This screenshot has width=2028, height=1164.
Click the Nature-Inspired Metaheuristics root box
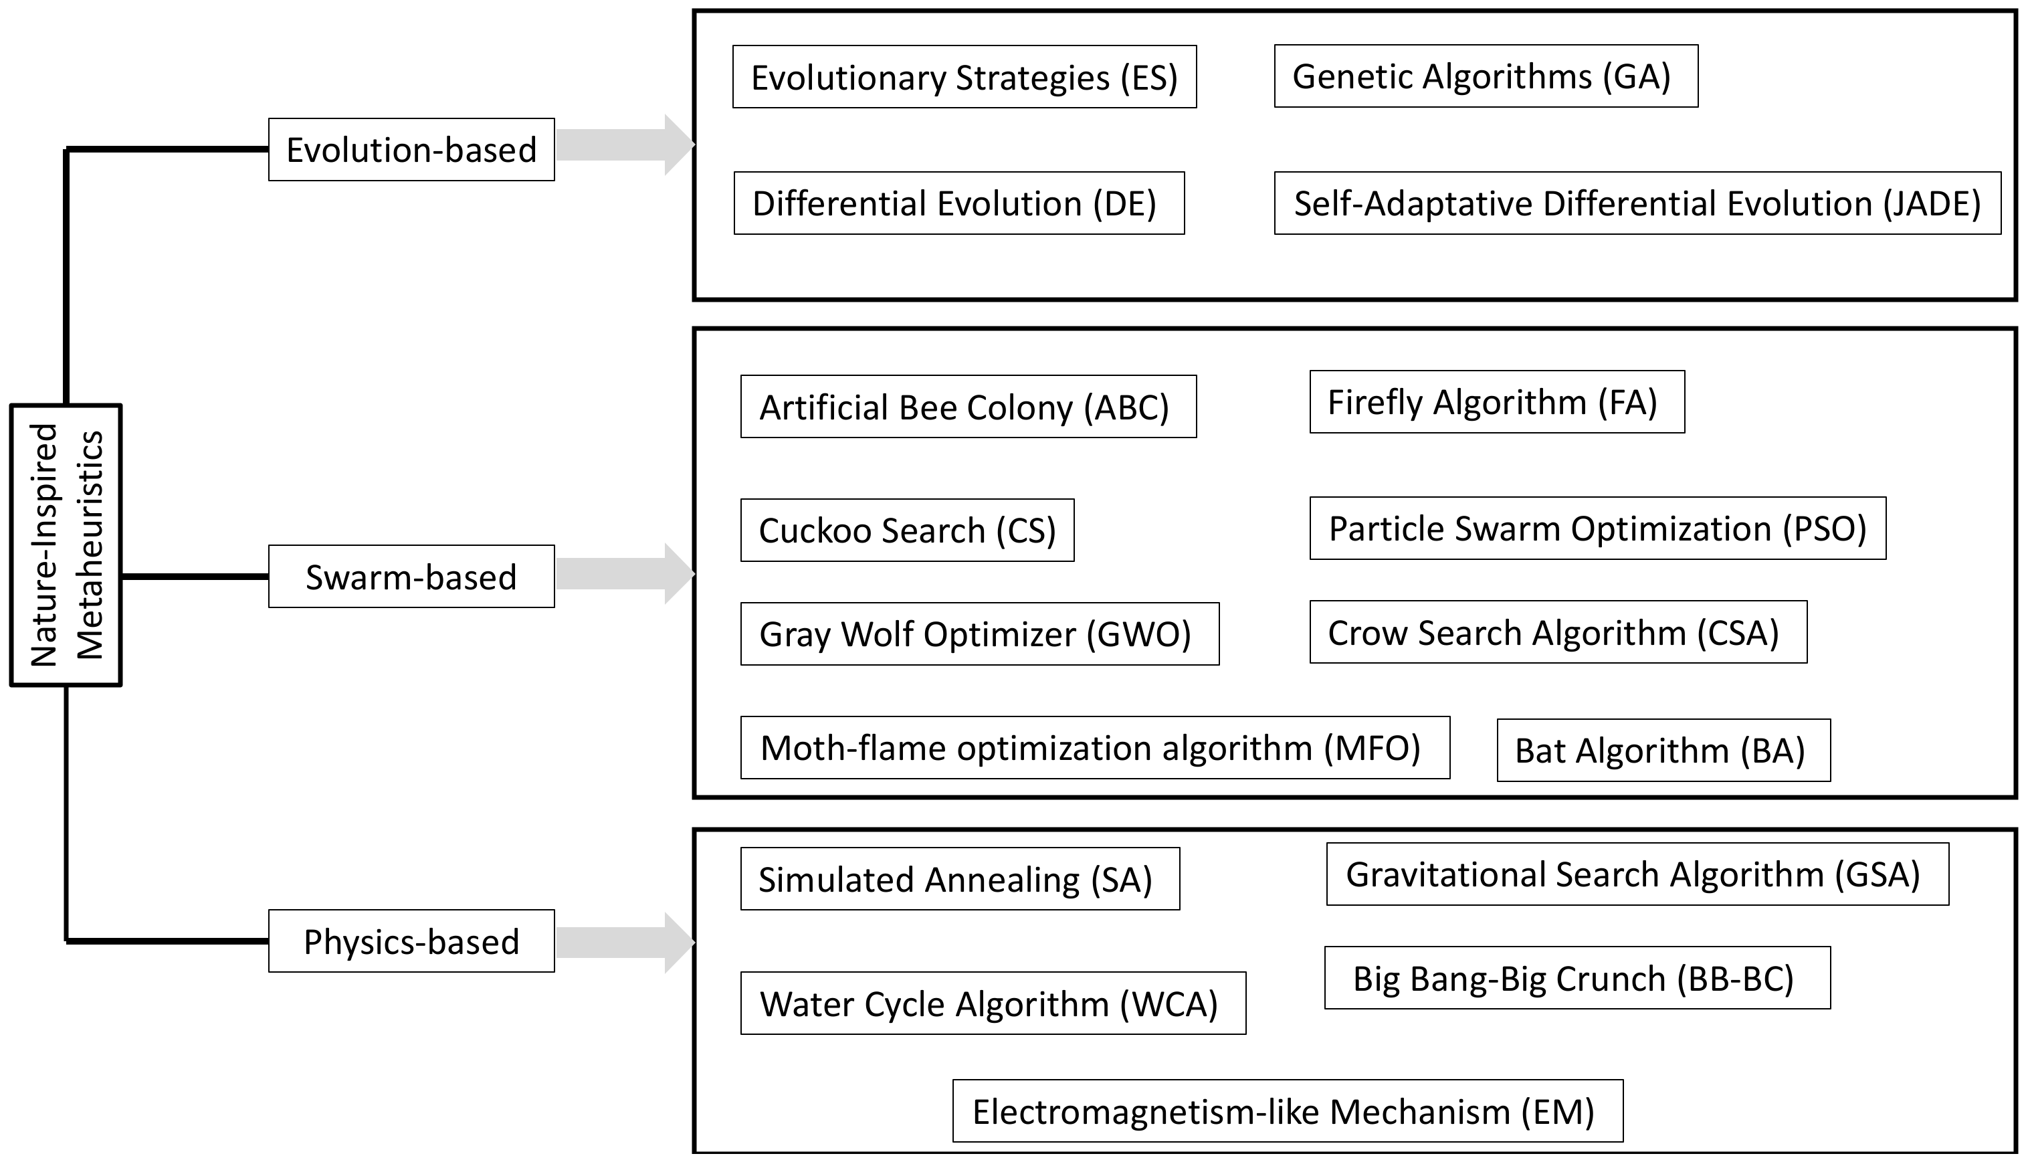[x=66, y=545]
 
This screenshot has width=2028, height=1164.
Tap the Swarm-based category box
[x=411, y=577]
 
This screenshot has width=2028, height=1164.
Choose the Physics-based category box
[x=411, y=941]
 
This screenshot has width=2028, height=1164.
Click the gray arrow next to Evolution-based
[x=624, y=144]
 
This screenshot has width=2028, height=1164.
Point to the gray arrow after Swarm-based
[x=624, y=574]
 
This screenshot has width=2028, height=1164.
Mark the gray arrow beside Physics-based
[x=624, y=943]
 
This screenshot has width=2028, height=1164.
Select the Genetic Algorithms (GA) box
[x=1486, y=77]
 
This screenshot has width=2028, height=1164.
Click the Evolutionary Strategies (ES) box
[x=964, y=78]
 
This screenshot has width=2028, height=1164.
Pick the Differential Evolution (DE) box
[x=958, y=203]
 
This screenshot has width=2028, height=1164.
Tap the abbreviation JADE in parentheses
[x=1931, y=204]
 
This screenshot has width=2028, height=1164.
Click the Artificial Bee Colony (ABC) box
[x=968, y=407]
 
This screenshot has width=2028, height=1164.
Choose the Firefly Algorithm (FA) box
[x=1496, y=402]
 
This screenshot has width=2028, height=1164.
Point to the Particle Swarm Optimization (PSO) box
[x=1597, y=528]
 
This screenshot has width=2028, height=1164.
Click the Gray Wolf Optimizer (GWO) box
[x=979, y=634]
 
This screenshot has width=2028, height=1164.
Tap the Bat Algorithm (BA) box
[x=1663, y=751]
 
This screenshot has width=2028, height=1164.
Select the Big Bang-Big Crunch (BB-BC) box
[x=1577, y=979]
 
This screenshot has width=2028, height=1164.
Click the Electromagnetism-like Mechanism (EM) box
[x=1287, y=1111]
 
